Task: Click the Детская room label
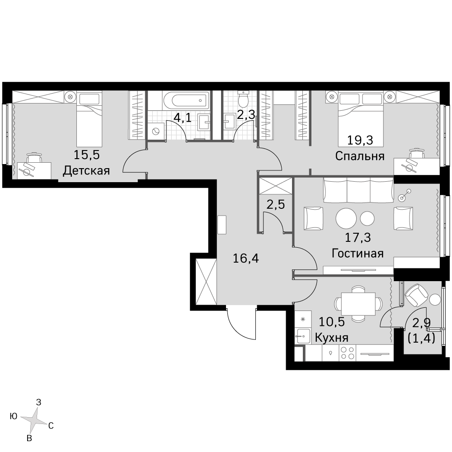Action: (86, 170)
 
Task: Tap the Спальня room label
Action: (359, 156)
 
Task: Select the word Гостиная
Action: (357, 253)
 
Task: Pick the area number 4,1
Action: (182, 118)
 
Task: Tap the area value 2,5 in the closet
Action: (275, 205)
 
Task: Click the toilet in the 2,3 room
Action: (244, 98)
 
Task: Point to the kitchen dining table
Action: (358, 303)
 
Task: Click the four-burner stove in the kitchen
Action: (347, 353)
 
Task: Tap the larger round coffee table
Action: (346, 218)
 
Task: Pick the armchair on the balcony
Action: (416, 296)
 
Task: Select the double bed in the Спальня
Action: (361, 118)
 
